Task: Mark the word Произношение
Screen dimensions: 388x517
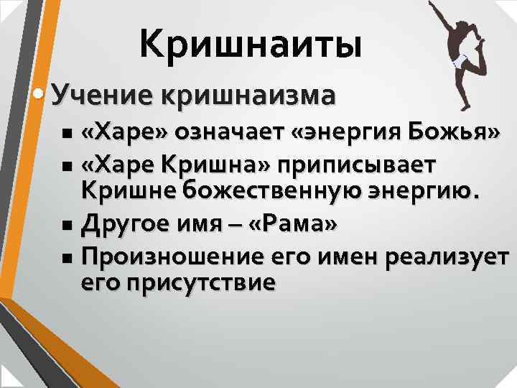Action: (x=174, y=257)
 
